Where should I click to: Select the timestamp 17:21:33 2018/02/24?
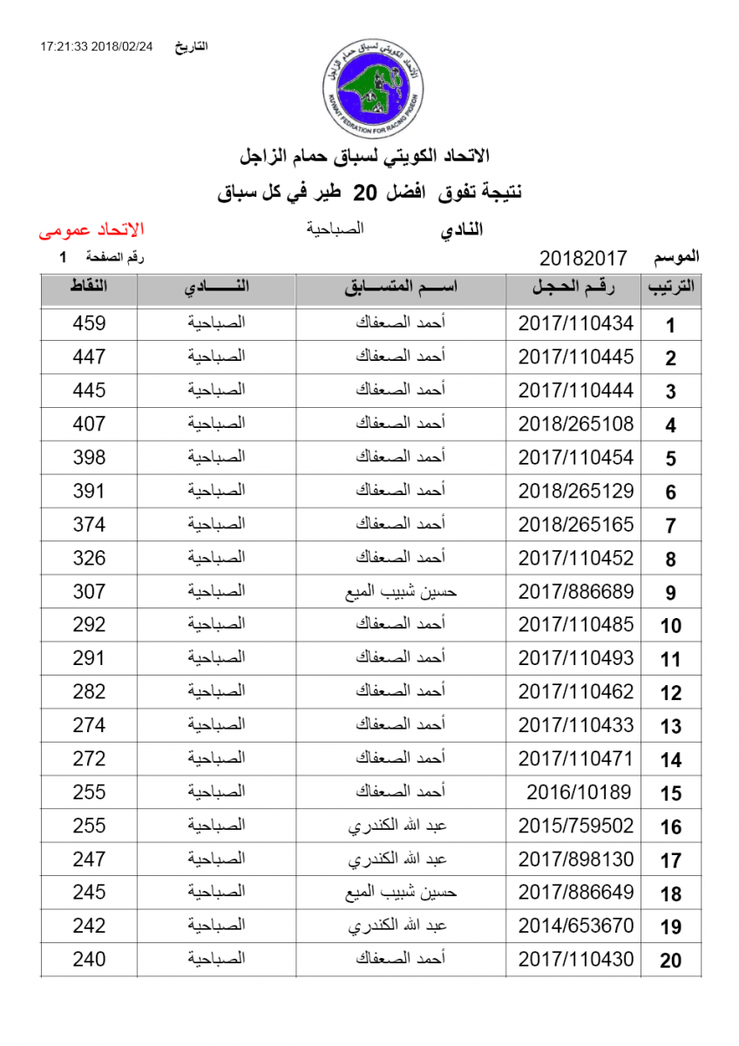click(x=96, y=47)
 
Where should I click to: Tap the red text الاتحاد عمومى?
click(x=91, y=230)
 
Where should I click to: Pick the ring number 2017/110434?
click(x=576, y=323)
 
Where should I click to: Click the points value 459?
click(x=89, y=323)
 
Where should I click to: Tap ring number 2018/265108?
click(x=576, y=425)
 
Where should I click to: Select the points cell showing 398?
click(x=89, y=458)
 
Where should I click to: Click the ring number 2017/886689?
click(x=576, y=592)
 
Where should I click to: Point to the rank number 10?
click(x=670, y=626)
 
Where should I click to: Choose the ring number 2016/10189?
click(x=579, y=792)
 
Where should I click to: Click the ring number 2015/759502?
click(x=576, y=825)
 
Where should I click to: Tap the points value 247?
click(x=89, y=859)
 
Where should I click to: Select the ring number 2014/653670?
click(x=576, y=926)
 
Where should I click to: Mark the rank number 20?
click(x=670, y=961)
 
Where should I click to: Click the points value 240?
click(x=89, y=960)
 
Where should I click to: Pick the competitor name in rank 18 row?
click(x=401, y=893)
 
